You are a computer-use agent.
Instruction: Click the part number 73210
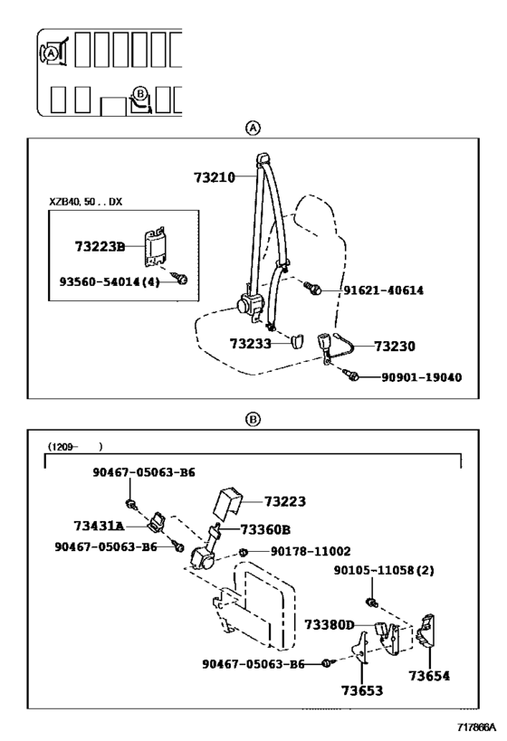(215, 177)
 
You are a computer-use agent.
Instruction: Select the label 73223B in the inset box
(100, 247)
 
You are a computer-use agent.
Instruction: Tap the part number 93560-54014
(100, 282)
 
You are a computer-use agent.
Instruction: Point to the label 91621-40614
(384, 290)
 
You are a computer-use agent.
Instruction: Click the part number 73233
(251, 344)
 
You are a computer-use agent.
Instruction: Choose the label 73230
(395, 347)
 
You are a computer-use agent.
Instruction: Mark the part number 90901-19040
(422, 377)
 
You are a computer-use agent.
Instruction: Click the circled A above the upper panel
(253, 128)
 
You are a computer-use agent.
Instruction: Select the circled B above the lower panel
(253, 419)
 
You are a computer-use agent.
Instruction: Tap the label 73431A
(100, 526)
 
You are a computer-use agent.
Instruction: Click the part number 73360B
(265, 530)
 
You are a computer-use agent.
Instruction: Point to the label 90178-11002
(311, 552)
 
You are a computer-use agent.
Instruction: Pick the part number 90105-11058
(374, 570)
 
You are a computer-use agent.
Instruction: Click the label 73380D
(330, 625)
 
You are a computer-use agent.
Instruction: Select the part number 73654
(429, 676)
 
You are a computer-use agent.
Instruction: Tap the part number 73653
(362, 690)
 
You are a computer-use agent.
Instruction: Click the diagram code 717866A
(476, 727)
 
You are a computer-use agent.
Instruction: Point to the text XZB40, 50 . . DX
(86, 202)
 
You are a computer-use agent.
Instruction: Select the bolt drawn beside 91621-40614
(312, 288)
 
